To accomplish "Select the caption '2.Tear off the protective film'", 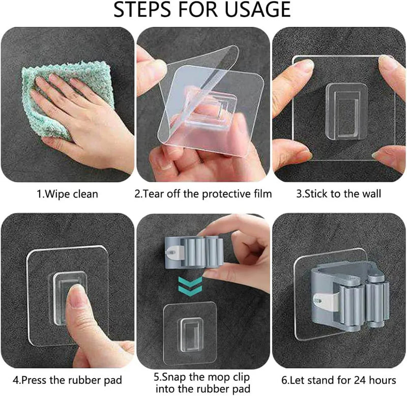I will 203,194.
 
